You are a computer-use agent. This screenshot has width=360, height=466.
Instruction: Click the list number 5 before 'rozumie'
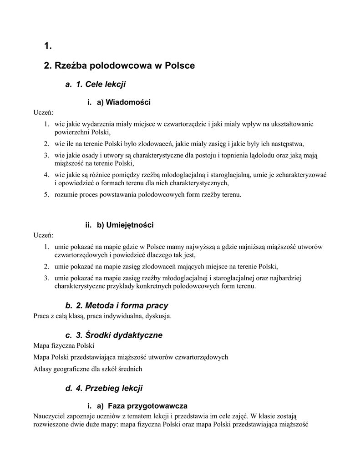point(46,195)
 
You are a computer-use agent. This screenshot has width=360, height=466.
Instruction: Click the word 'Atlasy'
point(43,369)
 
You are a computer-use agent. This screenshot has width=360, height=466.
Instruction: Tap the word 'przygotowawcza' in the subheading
point(158,405)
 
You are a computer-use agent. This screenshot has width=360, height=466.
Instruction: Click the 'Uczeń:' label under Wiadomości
point(43,112)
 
